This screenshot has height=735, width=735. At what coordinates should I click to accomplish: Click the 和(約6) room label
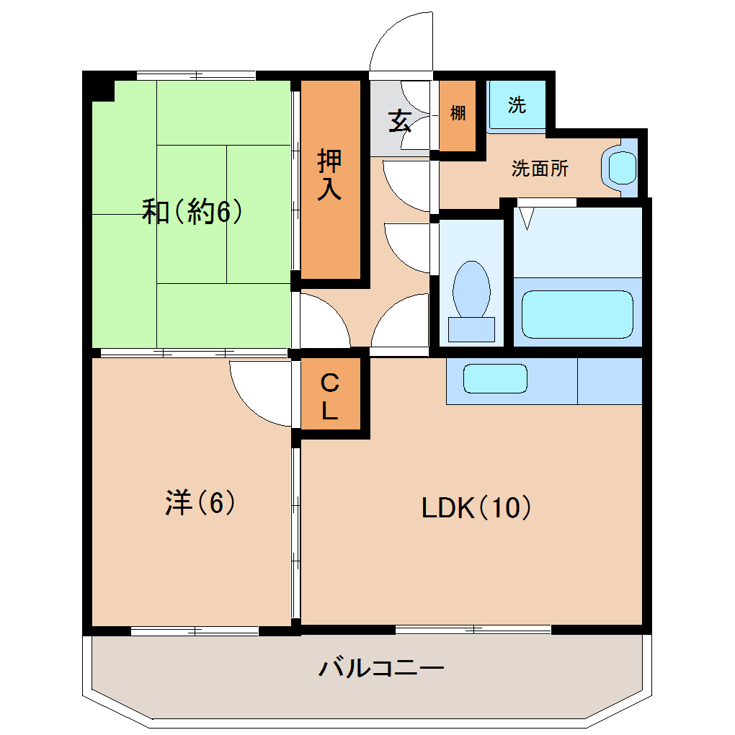(191, 212)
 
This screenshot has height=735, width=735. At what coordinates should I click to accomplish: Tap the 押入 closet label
(330, 175)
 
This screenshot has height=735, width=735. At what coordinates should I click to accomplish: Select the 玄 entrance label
(399, 120)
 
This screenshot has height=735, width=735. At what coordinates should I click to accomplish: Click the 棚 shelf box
(458, 115)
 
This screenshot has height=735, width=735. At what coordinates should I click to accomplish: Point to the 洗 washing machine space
(517, 105)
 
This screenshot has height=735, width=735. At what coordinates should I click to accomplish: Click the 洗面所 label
(540, 169)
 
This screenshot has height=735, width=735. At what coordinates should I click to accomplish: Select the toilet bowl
(471, 289)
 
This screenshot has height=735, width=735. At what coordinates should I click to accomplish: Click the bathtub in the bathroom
(577, 314)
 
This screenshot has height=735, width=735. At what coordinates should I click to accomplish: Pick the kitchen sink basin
(495, 378)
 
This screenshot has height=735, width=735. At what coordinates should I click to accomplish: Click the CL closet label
(329, 396)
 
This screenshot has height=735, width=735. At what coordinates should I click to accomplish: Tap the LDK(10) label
(476, 509)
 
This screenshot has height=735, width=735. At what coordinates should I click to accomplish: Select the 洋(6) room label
(200, 502)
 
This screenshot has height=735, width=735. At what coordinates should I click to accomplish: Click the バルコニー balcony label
(381, 668)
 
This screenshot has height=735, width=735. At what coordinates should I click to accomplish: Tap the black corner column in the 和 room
(99, 89)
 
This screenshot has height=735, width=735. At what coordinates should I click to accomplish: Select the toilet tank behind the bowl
(471, 329)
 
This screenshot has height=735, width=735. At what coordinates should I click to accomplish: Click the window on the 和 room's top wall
(196, 75)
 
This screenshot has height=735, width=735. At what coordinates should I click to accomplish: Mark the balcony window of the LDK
(473, 630)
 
